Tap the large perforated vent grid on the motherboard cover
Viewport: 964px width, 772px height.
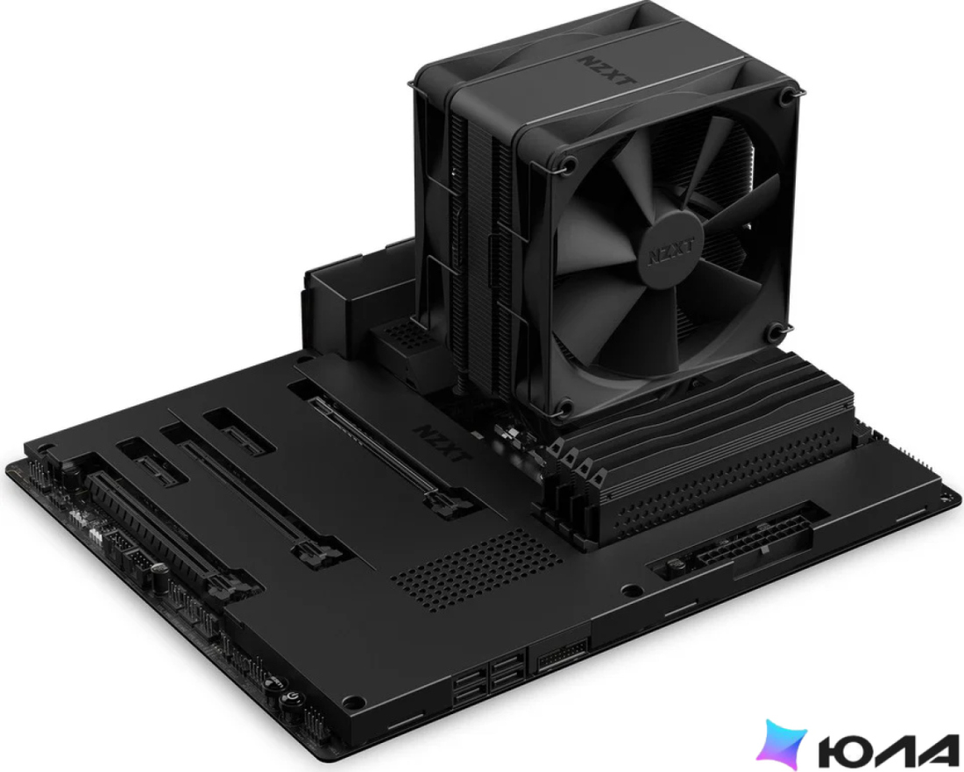[478, 570]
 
